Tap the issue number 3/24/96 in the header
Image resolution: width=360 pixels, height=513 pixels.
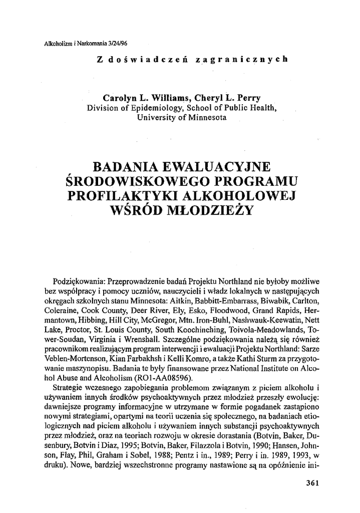click(116, 44)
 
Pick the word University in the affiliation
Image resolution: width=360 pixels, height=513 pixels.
click(156, 118)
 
